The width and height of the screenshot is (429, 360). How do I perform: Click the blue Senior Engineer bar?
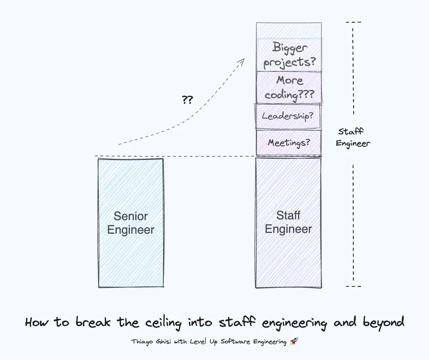(131, 223)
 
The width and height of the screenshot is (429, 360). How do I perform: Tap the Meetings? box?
(289, 143)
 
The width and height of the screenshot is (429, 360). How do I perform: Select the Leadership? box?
(288, 116)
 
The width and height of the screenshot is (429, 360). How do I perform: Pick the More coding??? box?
(289, 87)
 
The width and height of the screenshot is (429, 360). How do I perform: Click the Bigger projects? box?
(289, 55)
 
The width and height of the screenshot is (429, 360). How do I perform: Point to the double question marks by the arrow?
(187, 100)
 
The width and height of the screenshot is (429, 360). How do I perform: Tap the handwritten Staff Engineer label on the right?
(353, 138)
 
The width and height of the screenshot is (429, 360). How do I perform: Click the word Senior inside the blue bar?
(131, 216)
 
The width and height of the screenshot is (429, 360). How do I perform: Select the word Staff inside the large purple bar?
(288, 216)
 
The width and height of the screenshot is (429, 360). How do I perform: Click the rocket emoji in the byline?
(294, 341)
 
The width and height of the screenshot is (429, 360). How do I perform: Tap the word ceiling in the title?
(163, 323)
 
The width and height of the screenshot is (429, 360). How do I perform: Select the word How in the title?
(37, 322)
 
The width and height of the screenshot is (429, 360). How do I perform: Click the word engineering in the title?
(294, 323)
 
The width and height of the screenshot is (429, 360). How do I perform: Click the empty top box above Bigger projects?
(289, 31)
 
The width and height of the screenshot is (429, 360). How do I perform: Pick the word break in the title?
(93, 322)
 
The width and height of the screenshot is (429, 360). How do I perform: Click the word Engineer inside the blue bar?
(131, 230)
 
